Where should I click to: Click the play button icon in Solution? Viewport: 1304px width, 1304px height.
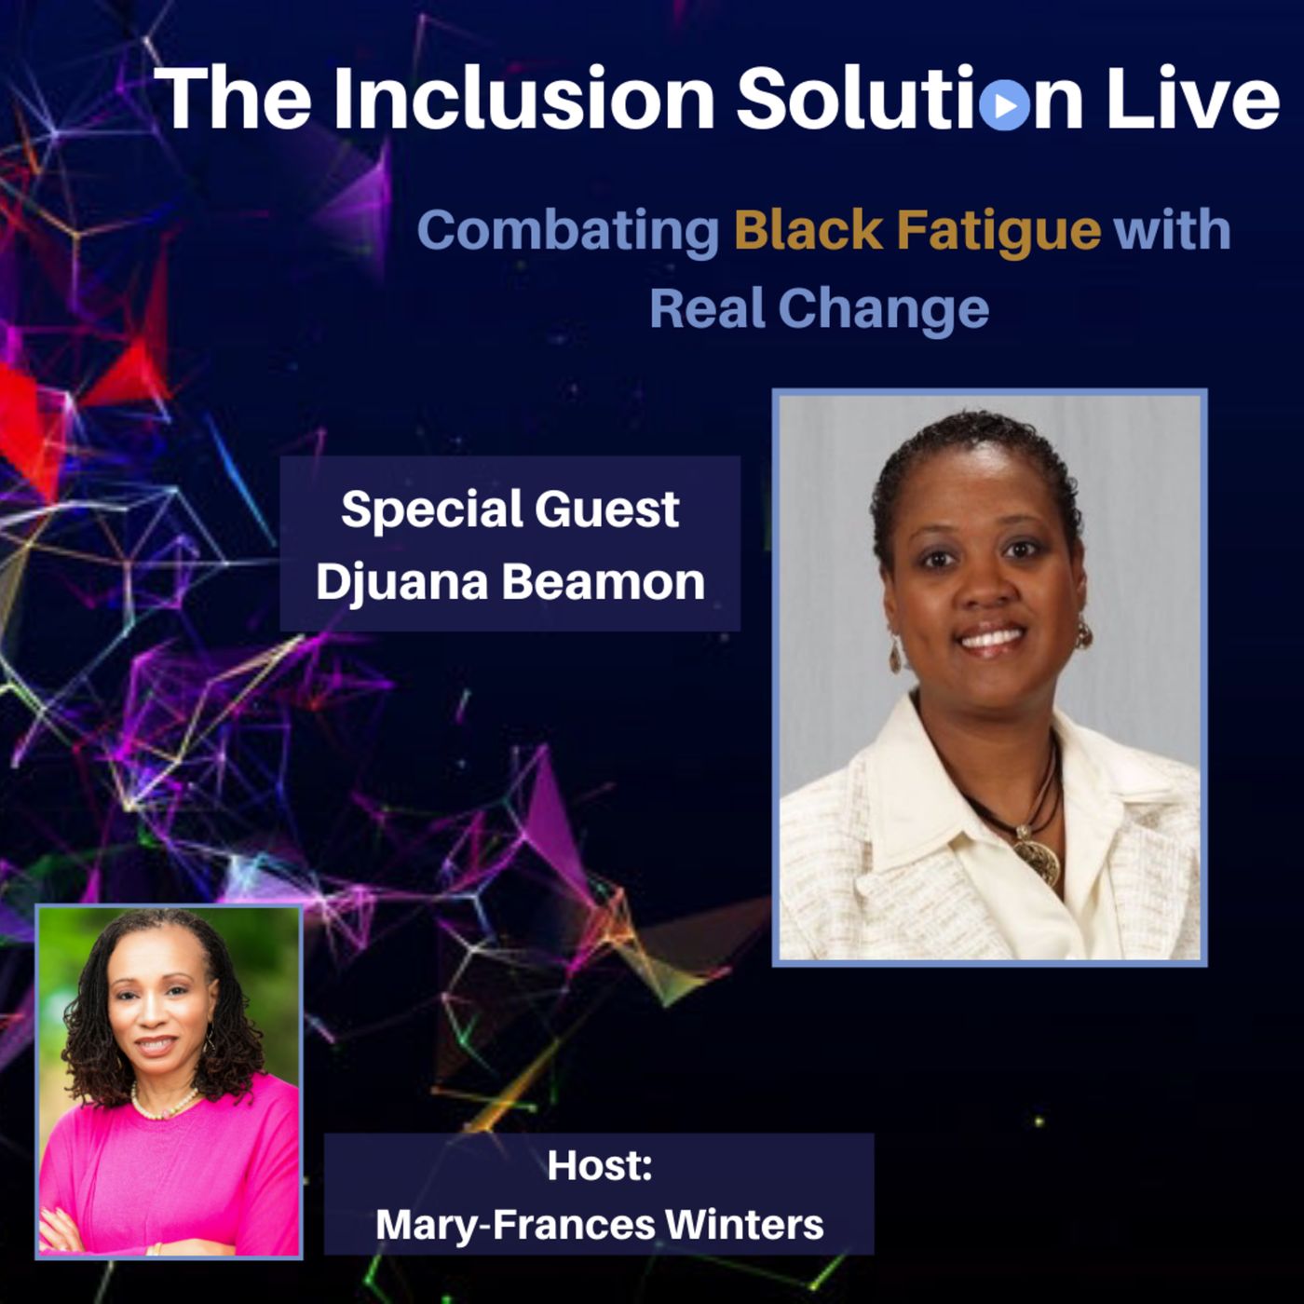(x=1004, y=105)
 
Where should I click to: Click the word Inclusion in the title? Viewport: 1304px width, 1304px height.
(x=524, y=98)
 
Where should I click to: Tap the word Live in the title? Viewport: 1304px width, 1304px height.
(x=1193, y=98)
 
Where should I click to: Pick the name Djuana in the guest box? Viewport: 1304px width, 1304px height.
(x=402, y=583)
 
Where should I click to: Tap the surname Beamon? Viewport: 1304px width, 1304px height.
(x=604, y=582)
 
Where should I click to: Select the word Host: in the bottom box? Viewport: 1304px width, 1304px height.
(x=600, y=1165)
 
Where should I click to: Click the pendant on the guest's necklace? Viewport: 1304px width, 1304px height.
(x=1038, y=857)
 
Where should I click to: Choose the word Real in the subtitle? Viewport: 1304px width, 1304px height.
(x=707, y=308)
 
